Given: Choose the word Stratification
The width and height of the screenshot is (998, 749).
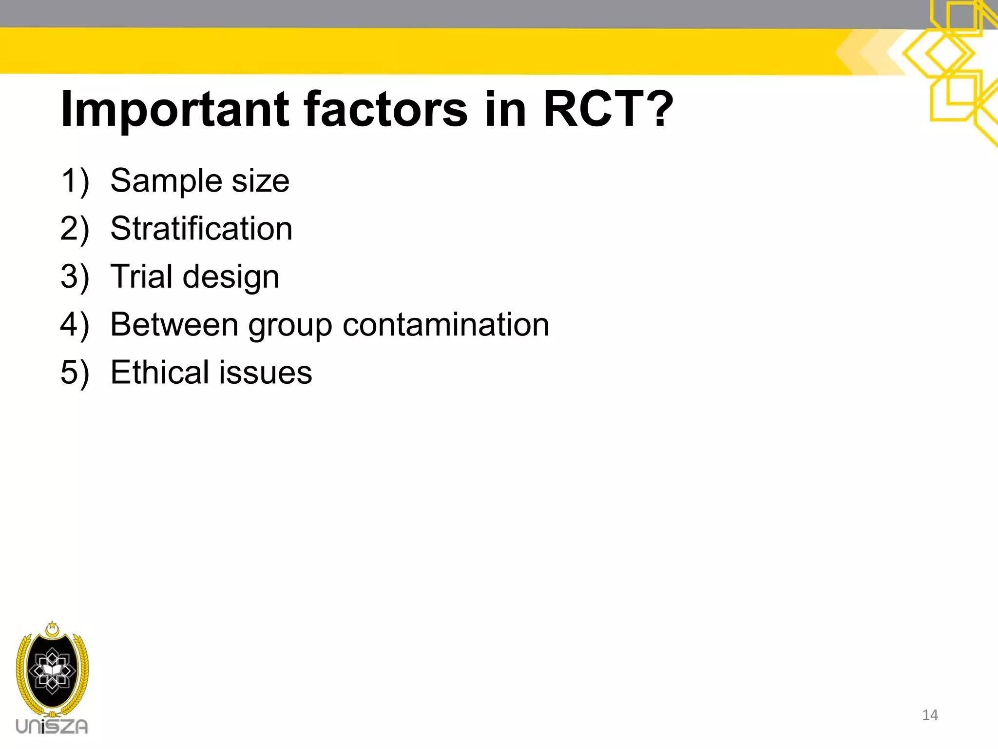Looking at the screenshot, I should [x=201, y=228].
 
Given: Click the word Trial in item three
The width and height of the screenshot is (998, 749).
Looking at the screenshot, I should [x=141, y=276].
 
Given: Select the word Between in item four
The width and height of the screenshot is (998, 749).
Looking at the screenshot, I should [x=174, y=324].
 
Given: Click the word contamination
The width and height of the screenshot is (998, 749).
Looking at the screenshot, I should [x=445, y=324].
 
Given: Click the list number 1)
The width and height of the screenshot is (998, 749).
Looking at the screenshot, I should [x=75, y=181].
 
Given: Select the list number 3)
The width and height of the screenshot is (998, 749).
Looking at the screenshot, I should [x=75, y=277].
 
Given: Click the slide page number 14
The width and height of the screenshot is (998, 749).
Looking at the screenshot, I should [x=930, y=715].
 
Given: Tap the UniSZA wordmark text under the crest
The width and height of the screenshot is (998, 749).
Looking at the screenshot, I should [x=52, y=727].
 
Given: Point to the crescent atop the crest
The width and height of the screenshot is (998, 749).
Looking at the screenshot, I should [x=52, y=630].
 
